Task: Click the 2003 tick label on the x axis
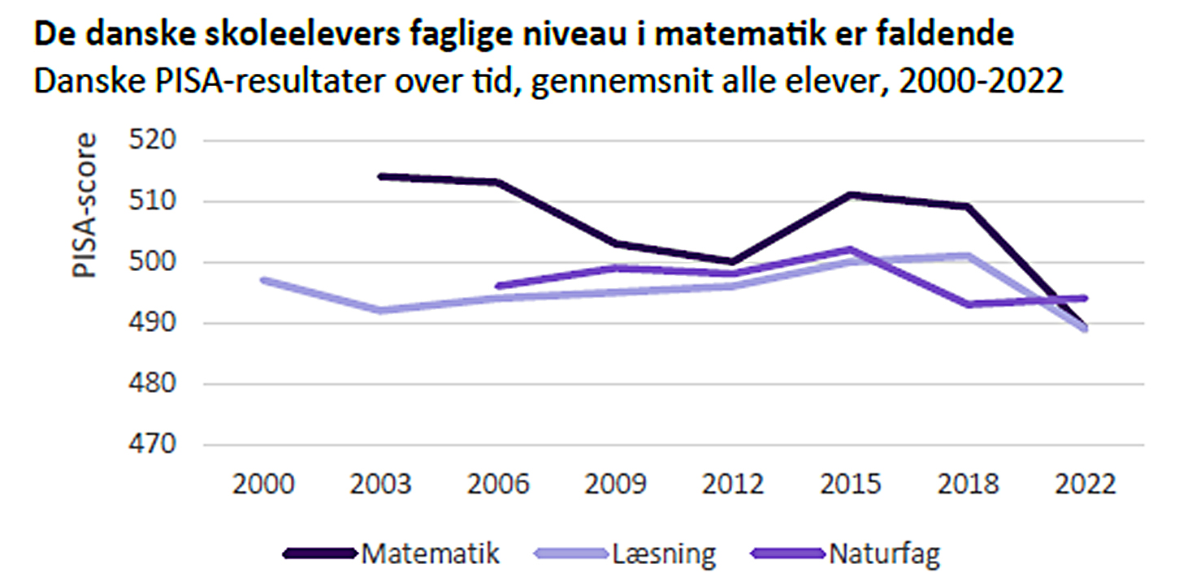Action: [381, 485]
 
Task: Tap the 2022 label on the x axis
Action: [1085, 485]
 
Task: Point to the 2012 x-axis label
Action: [733, 485]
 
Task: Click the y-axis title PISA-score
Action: [85, 206]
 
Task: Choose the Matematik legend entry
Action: [429, 554]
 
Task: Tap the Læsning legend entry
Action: [664, 554]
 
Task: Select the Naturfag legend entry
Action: [884, 554]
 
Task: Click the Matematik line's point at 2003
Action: [381, 176]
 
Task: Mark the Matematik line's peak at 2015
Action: [850, 195]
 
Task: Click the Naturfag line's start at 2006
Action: [498, 286]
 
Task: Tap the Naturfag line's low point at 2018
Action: [967, 304]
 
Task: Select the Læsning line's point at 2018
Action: [967, 256]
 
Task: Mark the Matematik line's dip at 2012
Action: [733, 261]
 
